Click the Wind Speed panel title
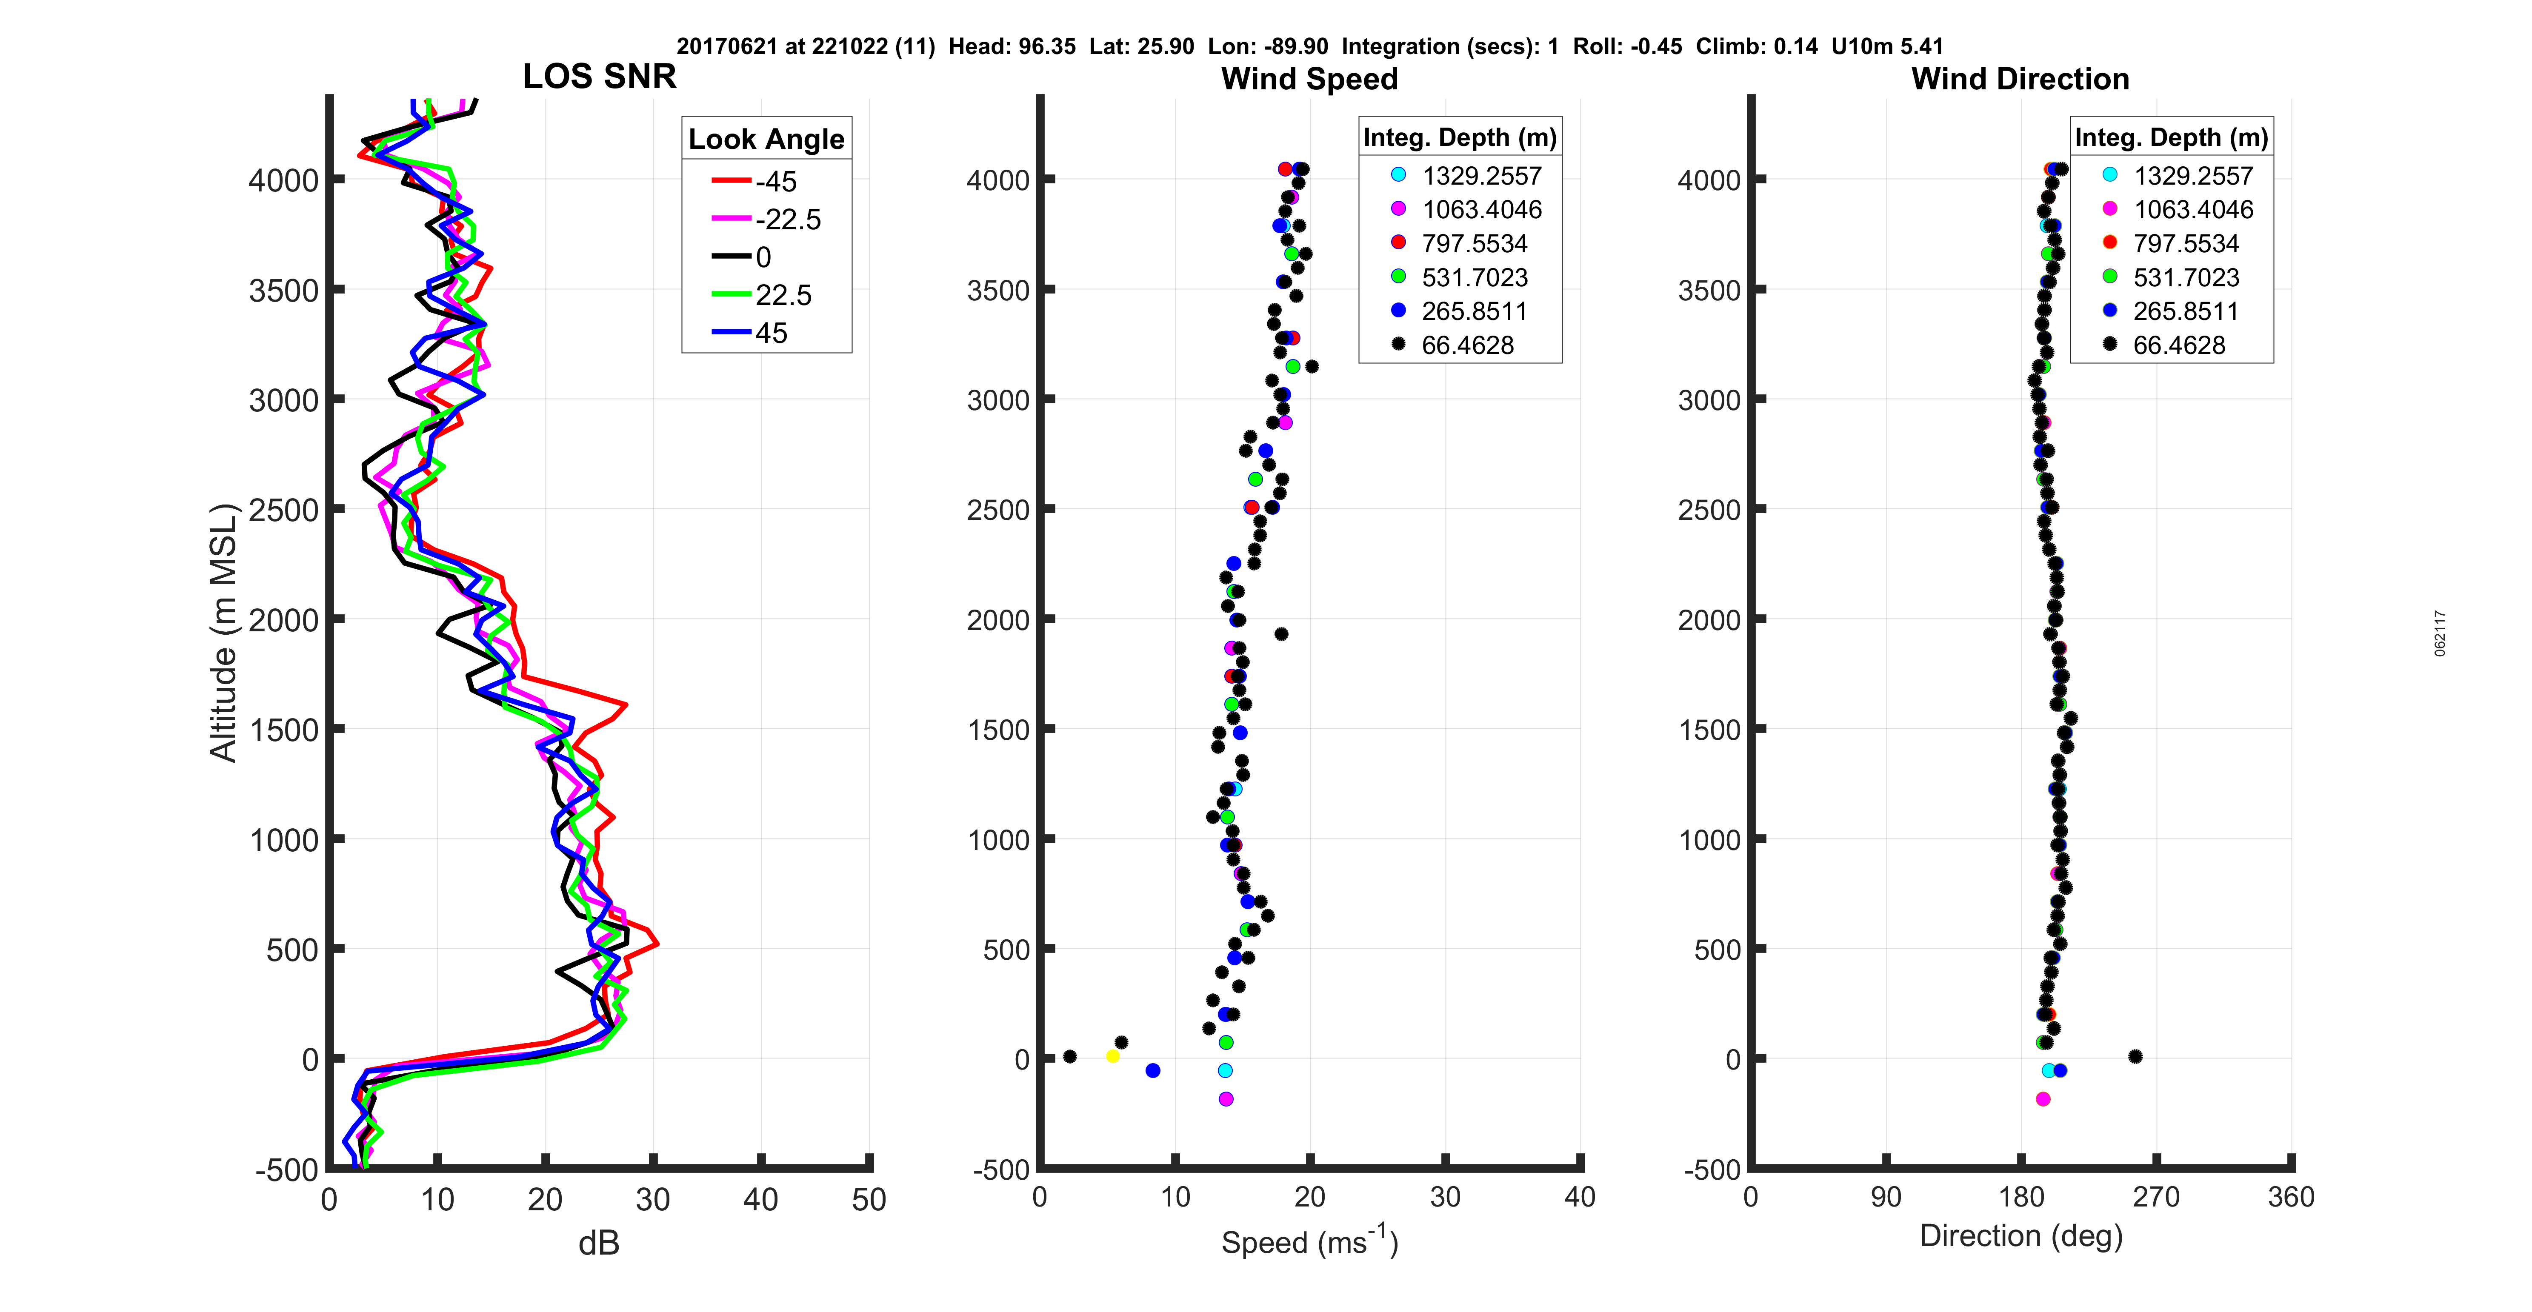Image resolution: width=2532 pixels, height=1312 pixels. tap(1309, 79)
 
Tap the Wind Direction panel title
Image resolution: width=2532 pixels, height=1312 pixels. tap(2020, 79)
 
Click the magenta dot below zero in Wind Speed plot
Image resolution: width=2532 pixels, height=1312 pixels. tap(1226, 1099)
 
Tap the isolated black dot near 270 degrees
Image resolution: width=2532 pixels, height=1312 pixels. tap(2135, 1056)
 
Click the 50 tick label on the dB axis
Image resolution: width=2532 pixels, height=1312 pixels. tap(869, 1200)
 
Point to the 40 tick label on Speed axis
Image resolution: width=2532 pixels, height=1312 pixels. tap(1580, 1197)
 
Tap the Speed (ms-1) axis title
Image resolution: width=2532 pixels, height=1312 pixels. tap(1309, 1241)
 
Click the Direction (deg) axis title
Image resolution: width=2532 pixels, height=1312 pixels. tap(2021, 1235)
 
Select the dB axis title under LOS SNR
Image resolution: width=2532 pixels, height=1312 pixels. tap(599, 1243)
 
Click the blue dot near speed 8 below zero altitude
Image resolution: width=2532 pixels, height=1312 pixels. tap(1153, 1070)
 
